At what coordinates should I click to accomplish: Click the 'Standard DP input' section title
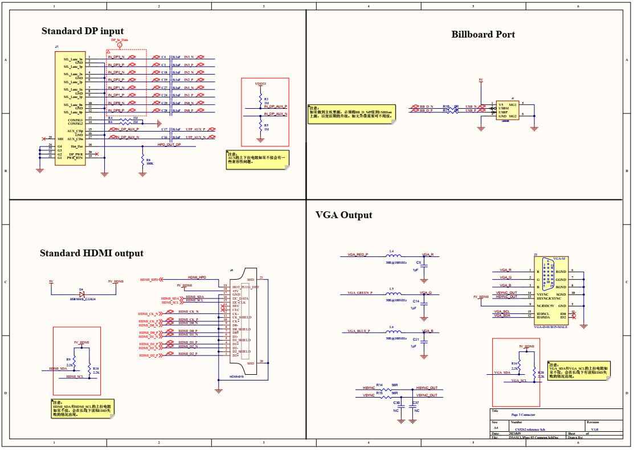82,31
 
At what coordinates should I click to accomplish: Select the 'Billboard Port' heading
483,34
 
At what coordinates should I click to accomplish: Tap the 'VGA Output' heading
343,215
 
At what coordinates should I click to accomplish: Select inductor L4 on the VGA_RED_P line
392,255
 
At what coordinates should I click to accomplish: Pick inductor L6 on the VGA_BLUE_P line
392,332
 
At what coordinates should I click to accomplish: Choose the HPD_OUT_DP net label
169,145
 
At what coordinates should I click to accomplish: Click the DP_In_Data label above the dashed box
120,40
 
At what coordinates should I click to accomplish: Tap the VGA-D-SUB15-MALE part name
550,327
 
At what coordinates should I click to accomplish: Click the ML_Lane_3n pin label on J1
73,59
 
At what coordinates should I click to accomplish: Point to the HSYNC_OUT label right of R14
427,388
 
